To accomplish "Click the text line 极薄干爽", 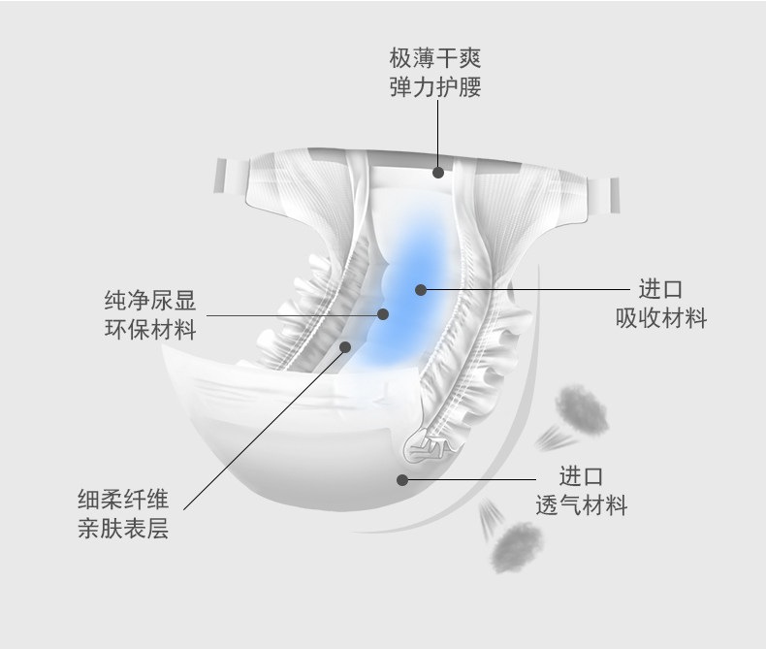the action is pos(435,57).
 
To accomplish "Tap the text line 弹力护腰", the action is pos(435,87).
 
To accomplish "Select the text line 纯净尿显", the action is pos(149,300).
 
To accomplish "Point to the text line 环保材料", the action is pos(149,330).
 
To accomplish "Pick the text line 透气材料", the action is pos(582,505).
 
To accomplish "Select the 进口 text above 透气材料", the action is pos(582,476).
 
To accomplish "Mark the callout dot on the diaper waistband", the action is pos(438,172).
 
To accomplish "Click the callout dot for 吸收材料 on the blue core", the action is pos(420,289).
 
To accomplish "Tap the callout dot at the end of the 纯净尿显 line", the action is pos(383,314).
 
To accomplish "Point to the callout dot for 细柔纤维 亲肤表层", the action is pos(345,345).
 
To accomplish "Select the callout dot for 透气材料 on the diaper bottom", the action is pos(401,477).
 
